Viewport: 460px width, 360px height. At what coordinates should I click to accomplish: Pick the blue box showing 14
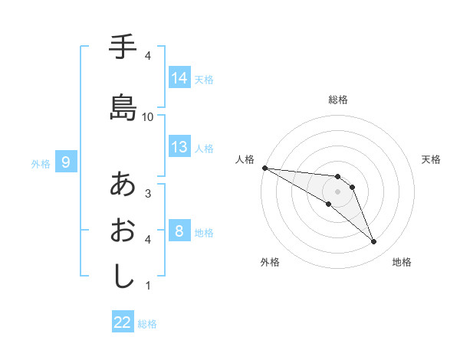point(179,78)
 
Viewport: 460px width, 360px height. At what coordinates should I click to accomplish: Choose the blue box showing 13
point(179,147)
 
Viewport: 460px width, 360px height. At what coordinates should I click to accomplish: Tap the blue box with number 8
point(179,231)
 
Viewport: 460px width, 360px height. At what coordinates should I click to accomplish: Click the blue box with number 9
point(66,162)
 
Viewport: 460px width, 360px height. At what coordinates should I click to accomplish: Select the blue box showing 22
point(123,323)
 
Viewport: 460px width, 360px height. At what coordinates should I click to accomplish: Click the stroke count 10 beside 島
point(148,116)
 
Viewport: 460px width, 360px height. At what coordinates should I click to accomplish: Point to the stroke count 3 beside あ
point(148,193)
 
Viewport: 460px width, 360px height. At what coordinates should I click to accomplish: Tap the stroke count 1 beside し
point(148,286)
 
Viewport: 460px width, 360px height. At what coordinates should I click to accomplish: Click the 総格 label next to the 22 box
point(148,324)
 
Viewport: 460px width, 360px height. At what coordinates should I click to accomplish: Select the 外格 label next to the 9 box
point(41,163)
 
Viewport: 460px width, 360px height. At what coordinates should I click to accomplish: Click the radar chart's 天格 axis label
point(432,159)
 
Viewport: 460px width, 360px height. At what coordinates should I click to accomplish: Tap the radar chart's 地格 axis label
point(402,262)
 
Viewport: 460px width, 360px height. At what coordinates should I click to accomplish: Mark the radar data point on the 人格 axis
point(264,168)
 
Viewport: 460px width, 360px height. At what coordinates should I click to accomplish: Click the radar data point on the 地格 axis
point(373,242)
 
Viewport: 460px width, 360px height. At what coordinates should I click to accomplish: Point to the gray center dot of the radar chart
point(337,191)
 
